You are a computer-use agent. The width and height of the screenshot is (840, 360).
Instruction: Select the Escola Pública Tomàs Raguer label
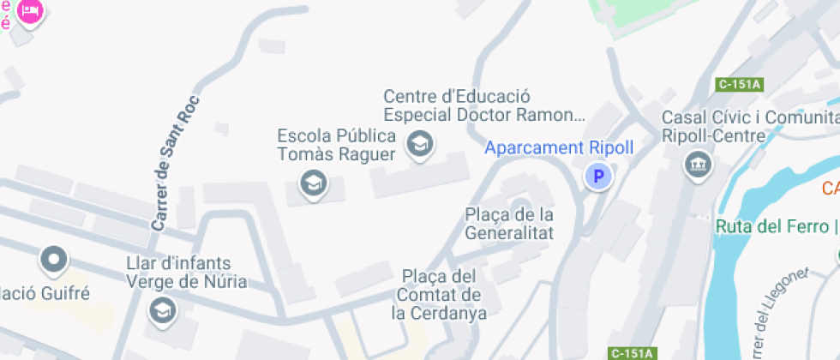[336, 146]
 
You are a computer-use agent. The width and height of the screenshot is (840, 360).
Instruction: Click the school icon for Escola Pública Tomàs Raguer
[313, 183]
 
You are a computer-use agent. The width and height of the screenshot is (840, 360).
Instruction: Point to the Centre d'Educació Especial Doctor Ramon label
[483, 105]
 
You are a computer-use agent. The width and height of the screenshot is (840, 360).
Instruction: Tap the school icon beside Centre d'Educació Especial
[419, 144]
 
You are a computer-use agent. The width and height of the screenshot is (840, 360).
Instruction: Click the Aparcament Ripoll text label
[559, 147]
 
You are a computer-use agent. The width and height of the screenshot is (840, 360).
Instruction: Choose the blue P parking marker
[598, 177]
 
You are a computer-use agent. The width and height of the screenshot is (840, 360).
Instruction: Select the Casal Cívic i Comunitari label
[750, 117]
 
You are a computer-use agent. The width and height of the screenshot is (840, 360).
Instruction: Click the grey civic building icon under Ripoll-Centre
[697, 165]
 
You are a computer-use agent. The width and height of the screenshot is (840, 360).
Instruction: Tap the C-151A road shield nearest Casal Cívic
[740, 84]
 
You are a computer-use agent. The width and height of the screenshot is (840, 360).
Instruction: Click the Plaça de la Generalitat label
[509, 223]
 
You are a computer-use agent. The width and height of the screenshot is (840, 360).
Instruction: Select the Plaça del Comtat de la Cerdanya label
[439, 294]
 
